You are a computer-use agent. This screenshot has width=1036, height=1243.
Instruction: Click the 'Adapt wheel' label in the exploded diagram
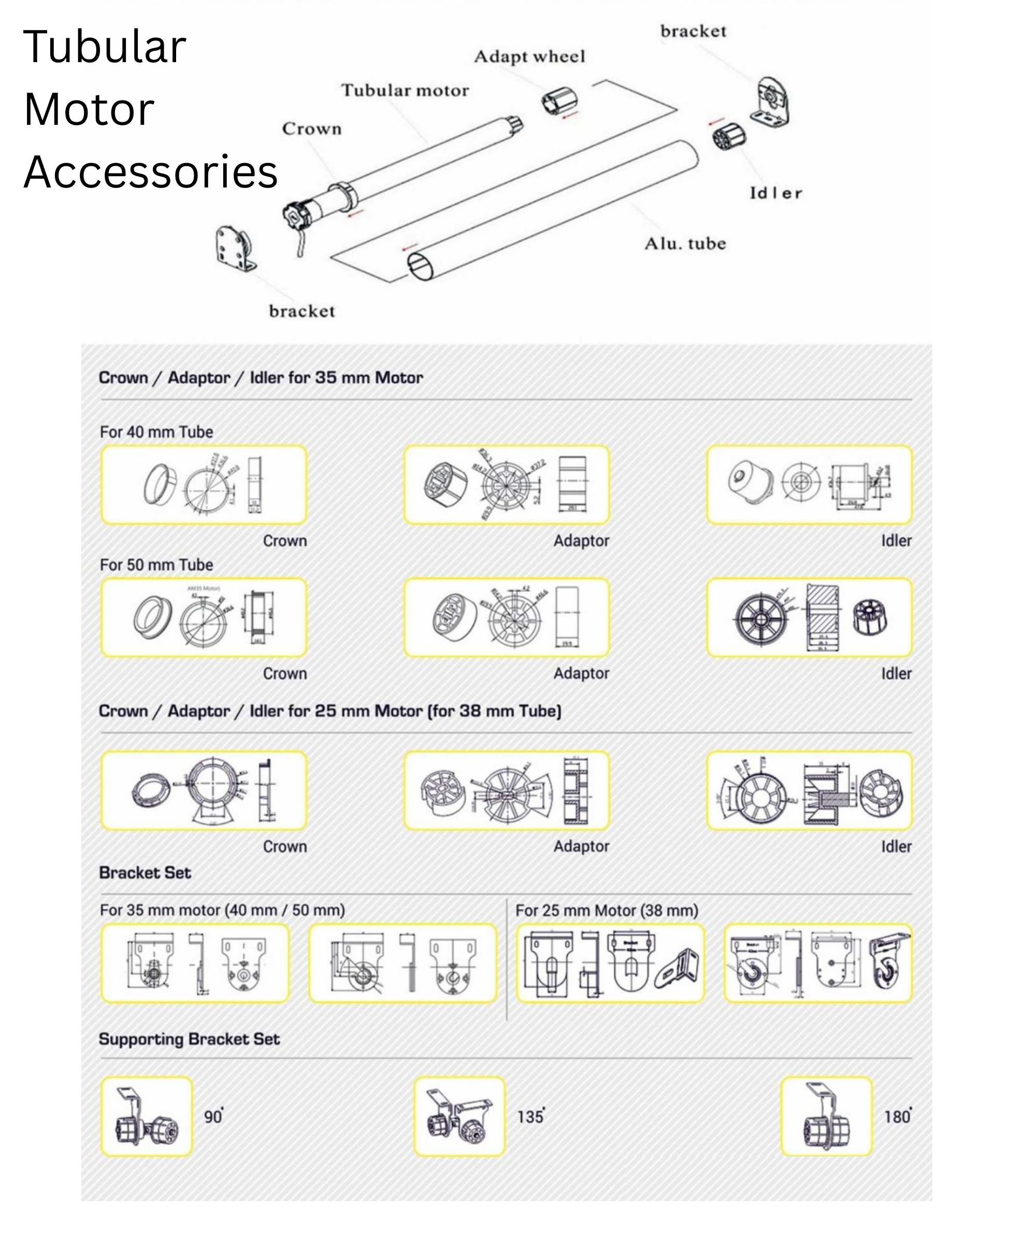point(529,57)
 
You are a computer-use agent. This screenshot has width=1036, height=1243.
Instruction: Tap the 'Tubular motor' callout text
point(405,91)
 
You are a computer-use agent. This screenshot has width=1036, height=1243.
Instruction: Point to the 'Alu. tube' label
point(685,244)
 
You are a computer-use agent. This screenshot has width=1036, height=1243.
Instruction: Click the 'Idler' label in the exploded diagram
point(775,193)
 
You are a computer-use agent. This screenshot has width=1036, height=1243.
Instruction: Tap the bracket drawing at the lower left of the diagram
point(235,249)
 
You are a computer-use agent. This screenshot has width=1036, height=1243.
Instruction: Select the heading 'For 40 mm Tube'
point(156,432)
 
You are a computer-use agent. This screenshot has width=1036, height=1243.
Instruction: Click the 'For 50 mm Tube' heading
point(156,565)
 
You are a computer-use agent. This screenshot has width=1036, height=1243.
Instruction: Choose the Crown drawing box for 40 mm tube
point(204,485)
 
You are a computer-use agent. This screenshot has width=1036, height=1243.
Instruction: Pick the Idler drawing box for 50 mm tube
point(809,617)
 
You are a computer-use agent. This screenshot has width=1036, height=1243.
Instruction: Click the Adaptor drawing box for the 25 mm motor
point(506,790)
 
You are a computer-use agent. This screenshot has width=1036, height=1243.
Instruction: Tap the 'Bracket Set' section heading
point(145,873)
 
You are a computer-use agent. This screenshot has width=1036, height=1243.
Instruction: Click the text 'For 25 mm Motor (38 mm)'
point(607,910)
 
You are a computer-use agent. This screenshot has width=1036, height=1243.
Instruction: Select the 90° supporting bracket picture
point(147,1116)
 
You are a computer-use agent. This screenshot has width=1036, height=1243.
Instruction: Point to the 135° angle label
point(530,1117)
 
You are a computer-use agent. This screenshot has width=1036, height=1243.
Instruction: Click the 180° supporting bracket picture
point(826,1116)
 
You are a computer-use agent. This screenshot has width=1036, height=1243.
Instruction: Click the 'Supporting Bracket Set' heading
point(189,1039)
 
